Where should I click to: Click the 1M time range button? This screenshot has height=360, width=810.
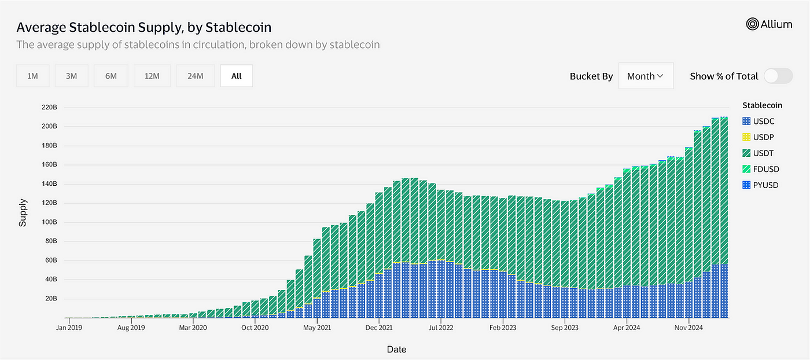click(x=32, y=76)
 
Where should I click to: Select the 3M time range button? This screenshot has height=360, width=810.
click(x=72, y=76)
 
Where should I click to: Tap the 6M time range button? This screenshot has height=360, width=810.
click(x=111, y=76)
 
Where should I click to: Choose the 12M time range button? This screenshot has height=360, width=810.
click(x=152, y=76)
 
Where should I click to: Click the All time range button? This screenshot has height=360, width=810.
click(x=236, y=76)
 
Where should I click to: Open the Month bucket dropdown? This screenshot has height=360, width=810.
click(x=646, y=76)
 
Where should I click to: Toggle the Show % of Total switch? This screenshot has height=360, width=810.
click(x=778, y=76)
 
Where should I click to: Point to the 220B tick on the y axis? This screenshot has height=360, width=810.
click(x=49, y=107)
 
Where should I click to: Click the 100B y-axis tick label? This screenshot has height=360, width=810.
click(x=49, y=222)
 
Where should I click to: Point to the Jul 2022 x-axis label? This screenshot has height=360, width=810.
click(x=441, y=327)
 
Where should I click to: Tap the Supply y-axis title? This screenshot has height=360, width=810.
click(x=23, y=212)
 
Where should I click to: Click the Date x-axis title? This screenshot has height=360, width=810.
click(x=396, y=349)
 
